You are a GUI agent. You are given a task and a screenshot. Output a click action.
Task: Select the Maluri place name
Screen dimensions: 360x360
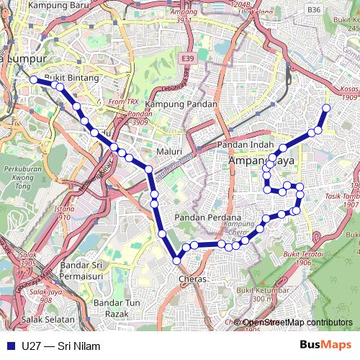(170, 152)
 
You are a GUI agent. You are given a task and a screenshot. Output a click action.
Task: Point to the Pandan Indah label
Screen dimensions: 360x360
(243, 145)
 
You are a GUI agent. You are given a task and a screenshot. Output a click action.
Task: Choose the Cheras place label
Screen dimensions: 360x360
(192, 279)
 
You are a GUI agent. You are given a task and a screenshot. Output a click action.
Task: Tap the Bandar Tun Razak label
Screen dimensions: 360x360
(111, 308)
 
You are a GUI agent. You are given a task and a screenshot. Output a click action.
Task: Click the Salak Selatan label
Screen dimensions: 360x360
(48, 319)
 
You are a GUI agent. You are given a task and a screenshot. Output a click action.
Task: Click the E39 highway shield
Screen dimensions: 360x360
(189, 58)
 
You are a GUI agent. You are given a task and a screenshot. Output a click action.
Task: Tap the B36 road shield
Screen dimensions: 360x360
(313, 10)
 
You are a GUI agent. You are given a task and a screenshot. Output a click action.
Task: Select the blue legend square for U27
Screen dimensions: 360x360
(10, 346)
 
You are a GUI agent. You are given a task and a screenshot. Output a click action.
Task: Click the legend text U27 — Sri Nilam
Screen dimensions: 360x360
(61, 346)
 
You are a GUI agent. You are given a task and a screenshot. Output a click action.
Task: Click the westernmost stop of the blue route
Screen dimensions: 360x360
(33, 80)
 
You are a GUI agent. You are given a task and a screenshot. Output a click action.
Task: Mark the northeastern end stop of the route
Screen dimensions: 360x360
(325, 108)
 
